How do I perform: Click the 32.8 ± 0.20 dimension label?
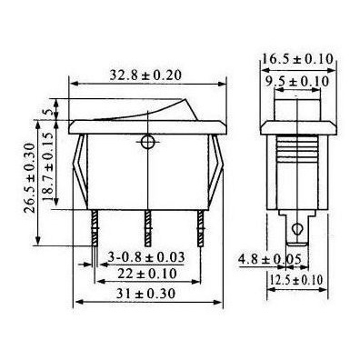tap(145, 75)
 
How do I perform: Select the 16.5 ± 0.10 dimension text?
tap(298, 59)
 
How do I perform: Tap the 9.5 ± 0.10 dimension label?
tap(297, 81)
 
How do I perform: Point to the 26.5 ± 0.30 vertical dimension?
tap(30, 178)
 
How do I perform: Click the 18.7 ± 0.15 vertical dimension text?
tap(48, 166)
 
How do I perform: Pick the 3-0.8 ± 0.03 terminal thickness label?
tap(146, 257)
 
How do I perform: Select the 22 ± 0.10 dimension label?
tap(147, 274)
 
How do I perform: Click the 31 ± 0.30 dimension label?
tap(146, 294)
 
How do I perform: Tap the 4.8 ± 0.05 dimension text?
tap(269, 259)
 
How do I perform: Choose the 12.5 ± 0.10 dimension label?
tap(296, 280)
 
